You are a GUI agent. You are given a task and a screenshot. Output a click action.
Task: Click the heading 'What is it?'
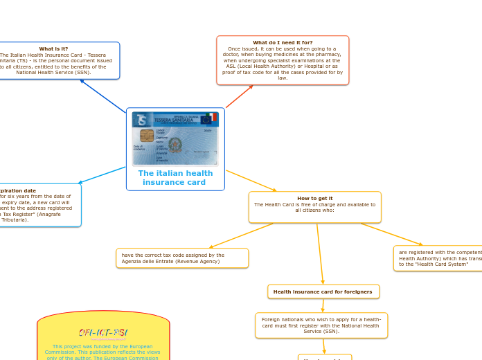pyautogui.click(x=53, y=49)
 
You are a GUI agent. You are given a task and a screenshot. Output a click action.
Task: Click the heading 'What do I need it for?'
pyautogui.click(x=282, y=43)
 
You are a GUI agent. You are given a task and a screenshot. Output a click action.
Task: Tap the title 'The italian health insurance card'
pyautogui.click(x=175, y=178)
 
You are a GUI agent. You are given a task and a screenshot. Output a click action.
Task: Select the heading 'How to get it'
pyautogui.click(x=314, y=199)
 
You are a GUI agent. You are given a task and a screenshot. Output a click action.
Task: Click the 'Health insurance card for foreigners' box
pyautogui.click(x=323, y=292)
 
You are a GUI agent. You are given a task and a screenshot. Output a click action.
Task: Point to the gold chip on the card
pyautogui.click(x=147, y=135)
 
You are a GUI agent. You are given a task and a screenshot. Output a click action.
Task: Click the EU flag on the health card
pyautogui.click(x=205, y=118)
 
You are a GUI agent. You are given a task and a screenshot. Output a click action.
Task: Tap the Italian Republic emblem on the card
pyautogui.click(x=176, y=145)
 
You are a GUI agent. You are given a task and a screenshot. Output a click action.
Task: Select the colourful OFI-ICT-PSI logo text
pyautogui.click(x=103, y=333)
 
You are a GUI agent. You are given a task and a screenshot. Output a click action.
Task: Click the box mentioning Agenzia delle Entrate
pyautogui.click(x=182, y=258)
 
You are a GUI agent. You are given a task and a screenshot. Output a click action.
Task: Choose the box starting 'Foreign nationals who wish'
pyautogui.click(x=321, y=325)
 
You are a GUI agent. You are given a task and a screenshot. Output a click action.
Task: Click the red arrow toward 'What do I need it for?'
pyautogui.click(x=239, y=96)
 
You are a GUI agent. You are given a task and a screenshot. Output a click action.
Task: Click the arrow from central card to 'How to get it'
pyautogui.click(x=251, y=181)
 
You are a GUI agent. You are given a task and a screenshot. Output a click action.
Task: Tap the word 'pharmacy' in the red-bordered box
pyautogui.click(x=322, y=55)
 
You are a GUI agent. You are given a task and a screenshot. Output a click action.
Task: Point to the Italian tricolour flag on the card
pyautogui.click(x=213, y=117)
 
